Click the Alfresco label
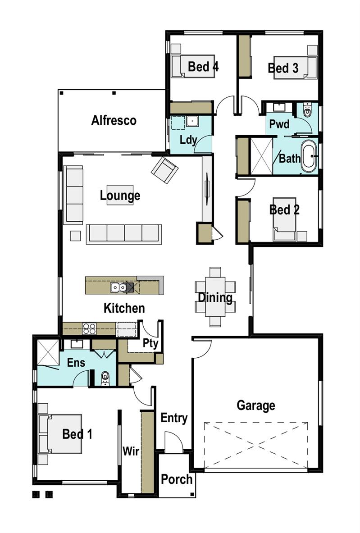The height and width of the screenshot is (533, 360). click(x=114, y=120)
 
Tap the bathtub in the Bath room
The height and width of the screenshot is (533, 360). click(x=309, y=156)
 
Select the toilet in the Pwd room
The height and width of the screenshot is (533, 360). click(x=307, y=110)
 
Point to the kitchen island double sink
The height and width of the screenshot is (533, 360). click(x=118, y=287)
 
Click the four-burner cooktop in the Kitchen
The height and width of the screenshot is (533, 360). click(x=89, y=329)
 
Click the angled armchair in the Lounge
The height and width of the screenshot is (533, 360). click(x=164, y=170)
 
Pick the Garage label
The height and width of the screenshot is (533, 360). click(x=255, y=405)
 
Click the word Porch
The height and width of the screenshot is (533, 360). click(x=177, y=479)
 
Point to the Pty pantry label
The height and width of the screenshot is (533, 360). click(x=150, y=343)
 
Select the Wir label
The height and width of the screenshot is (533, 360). click(x=131, y=451)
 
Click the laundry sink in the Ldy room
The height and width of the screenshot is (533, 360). click(x=192, y=122)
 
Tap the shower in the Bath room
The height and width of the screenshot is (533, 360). click(x=261, y=156)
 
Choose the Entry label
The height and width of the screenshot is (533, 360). click(x=174, y=418)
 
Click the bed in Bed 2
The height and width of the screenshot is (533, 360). click(x=284, y=219)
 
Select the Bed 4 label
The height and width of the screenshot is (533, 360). click(x=203, y=67)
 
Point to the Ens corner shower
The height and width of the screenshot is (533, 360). click(x=48, y=352)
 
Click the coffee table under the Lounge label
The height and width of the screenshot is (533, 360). click(x=120, y=195)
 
